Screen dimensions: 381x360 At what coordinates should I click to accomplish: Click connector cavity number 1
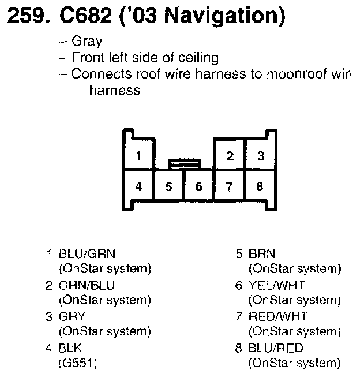138,156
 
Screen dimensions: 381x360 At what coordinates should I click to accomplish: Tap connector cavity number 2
230,156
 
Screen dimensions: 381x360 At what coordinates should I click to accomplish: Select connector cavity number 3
260,156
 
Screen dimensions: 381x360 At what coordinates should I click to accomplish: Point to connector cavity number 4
138,186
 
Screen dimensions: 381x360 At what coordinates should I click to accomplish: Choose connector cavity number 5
168,186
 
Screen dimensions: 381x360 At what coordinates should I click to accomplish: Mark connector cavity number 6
199,186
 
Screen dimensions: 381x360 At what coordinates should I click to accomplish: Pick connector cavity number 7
230,186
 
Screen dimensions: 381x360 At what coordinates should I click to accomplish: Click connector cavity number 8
260,186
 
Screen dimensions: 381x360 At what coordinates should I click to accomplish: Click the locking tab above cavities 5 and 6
184,165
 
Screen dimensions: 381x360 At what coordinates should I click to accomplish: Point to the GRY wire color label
72,317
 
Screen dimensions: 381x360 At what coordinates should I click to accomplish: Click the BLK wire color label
70,349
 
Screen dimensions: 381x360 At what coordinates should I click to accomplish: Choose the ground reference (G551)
77,363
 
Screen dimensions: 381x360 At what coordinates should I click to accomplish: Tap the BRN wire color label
262,253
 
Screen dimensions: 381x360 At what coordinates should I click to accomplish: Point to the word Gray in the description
87,42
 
